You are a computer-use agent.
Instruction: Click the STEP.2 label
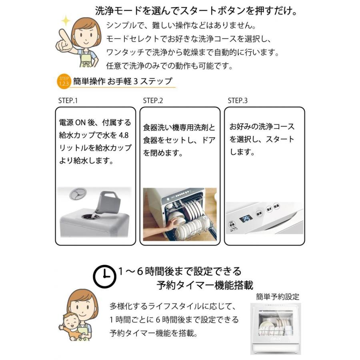click(153, 101)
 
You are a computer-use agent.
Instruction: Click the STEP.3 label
click(238, 101)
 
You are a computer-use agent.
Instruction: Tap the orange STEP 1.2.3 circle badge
click(64, 81)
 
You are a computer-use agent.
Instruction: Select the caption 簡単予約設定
click(278, 297)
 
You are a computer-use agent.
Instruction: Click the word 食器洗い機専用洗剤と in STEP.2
click(179, 128)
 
